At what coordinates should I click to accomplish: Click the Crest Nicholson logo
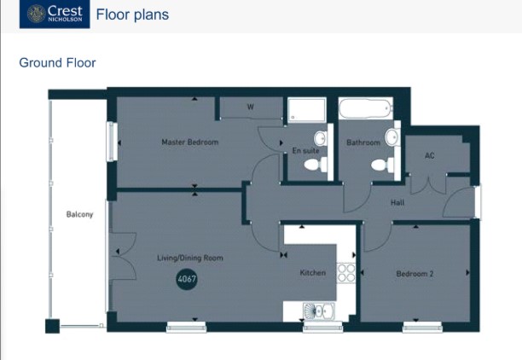pyautogui.click(x=55, y=14)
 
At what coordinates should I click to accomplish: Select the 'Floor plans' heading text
pyautogui.click(x=132, y=15)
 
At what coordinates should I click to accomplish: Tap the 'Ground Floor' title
pyautogui.click(x=58, y=62)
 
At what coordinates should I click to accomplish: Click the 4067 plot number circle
pyautogui.click(x=187, y=279)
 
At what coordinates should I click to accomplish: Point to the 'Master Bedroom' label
pyautogui.click(x=190, y=142)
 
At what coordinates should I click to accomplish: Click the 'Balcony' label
pyautogui.click(x=79, y=214)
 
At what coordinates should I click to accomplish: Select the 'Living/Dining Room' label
pyautogui.click(x=190, y=258)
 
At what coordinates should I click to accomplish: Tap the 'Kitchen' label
pyautogui.click(x=312, y=273)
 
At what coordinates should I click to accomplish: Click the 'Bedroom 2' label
pyautogui.click(x=415, y=274)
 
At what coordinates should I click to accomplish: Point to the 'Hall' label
pyautogui.click(x=397, y=202)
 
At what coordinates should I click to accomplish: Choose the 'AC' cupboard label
pyautogui.click(x=429, y=155)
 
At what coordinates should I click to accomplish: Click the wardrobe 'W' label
pyautogui.click(x=251, y=107)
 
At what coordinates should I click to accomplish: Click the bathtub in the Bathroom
pyautogui.click(x=366, y=107)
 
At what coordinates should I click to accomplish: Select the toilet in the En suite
pyautogui.click(x=316, y=165)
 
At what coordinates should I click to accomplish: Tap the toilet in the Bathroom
pyautogui.click(x=382, y=165)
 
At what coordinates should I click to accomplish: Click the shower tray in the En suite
pyautogui.click(x=306, y=110)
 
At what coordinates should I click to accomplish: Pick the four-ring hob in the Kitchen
pyautogui.click(x=346, y=273)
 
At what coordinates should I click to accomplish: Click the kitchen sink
pyautogui.click(x=319, y=311)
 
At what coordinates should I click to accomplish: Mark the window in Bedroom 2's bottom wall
pyautogui.click(x=422, y=327)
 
